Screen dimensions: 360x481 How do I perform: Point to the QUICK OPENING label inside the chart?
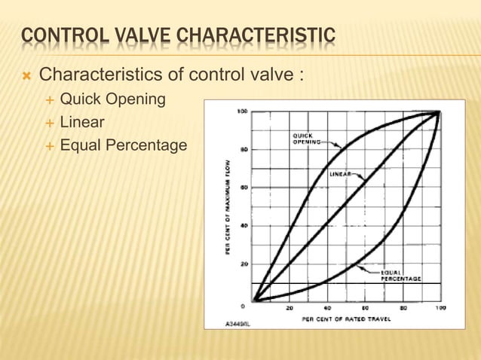point(305,138)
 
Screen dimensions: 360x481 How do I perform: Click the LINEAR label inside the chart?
point(342,173)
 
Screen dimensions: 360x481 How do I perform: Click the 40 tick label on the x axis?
point(327,308)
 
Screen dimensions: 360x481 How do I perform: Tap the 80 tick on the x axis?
point(403,308)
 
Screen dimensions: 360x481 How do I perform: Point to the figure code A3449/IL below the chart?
point(238,324)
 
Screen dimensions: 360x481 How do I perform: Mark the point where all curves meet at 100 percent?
point(440,112)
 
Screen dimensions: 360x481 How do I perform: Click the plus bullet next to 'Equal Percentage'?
point(50,145)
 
